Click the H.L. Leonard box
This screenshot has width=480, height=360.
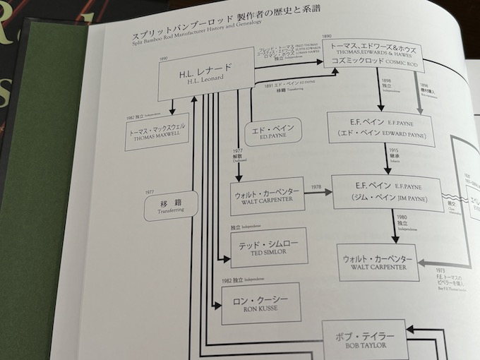(205, 74)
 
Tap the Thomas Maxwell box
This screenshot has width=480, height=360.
(157, 132)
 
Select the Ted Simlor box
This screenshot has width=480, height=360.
(258, 247)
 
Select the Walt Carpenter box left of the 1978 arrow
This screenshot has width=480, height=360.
(268, 196)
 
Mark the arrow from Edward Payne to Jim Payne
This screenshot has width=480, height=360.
(385, 160)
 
